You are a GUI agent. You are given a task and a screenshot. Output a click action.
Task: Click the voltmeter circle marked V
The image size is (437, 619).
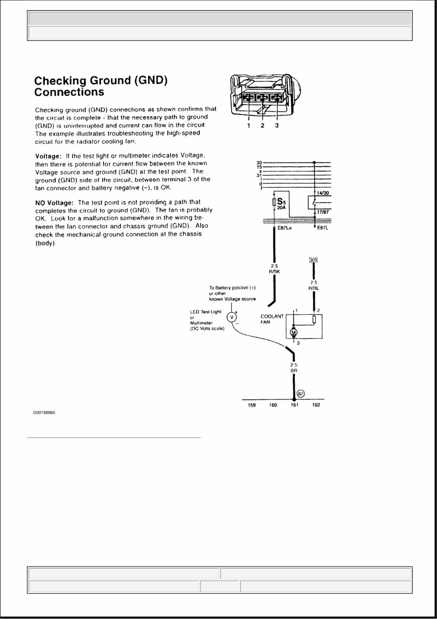tap(232, 317)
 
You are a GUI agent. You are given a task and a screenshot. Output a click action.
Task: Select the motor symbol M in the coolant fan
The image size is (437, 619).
tap(294, 332)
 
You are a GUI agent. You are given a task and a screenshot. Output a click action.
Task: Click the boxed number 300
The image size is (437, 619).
tap(314, 260)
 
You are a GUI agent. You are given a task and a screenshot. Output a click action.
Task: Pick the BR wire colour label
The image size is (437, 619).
tap(294, 371)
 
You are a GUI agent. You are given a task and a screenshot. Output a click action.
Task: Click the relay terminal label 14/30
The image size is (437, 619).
tap(323, 193)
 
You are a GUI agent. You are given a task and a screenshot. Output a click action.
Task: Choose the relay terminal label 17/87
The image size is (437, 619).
tap(323, 210)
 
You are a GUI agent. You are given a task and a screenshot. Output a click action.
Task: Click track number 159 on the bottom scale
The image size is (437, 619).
tap(251, 405)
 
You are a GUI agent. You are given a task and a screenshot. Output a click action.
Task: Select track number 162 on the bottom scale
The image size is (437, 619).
tap(315, 405)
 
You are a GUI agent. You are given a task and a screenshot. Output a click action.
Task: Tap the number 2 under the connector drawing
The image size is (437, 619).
tap(262, 126)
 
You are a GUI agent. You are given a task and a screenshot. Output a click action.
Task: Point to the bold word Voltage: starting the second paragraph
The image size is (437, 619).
tap(48, 156)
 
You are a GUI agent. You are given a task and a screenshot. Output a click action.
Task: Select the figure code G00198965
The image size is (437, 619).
tap(44, 413)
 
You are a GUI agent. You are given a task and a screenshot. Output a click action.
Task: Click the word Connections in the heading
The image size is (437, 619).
tap(69, 91)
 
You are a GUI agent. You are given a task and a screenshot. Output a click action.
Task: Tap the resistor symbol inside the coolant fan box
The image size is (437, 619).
tap(314, 320)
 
